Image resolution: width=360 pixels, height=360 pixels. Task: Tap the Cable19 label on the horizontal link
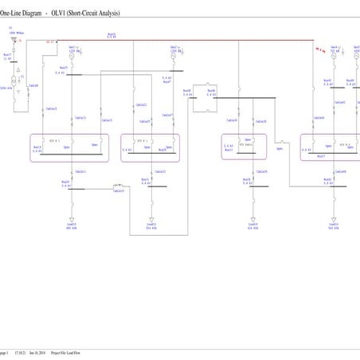tap(118, 191)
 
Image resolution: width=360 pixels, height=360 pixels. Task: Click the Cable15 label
tap(80, 118)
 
